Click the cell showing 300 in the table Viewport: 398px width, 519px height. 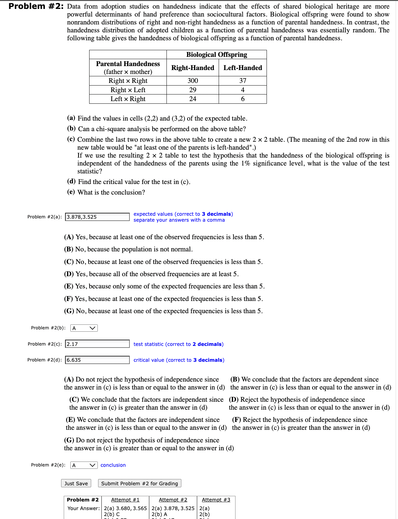click(x=193, y=81)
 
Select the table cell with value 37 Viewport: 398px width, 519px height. click(x=243, y=81)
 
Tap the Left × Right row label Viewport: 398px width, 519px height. click(x=128, y=99)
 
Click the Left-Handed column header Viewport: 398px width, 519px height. click(x=242, y=68)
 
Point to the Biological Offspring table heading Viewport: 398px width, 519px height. click(x=216, y=55)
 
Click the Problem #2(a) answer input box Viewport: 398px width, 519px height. click(x=97, y=217)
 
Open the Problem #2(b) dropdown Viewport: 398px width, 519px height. click(x=84, y=328)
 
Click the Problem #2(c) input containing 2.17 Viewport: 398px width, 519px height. click(x=97, y=344)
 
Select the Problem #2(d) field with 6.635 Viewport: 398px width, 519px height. click(x=97, y=360)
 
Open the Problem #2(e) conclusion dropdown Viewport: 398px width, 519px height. click(x=84, y=465)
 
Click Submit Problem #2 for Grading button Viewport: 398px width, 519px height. click(x=139, y=483)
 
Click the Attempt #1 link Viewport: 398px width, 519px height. click(x=125, y=500)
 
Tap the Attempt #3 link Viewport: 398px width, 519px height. click(x=216, y=500)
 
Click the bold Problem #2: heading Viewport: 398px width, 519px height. click(x=36, y=6)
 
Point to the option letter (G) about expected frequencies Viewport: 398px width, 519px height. click(x=69, y=311)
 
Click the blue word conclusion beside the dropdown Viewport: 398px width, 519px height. click(x=113, y=465)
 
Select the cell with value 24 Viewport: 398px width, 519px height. click(x=193, y=99)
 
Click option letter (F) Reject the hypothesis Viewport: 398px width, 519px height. click(x=236, y=420)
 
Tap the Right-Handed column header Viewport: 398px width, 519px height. click(x=193, y=68)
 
